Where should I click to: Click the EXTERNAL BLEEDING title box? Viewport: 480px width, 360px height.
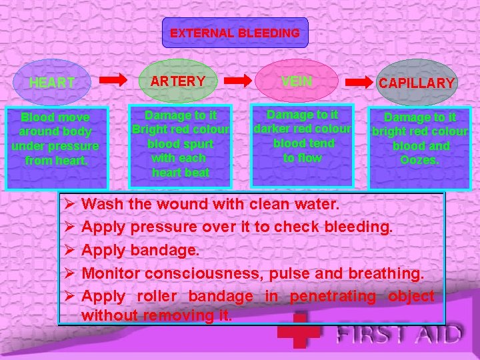pyautogui.click(x=235, y=33)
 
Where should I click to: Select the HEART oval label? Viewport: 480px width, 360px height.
pyautogui.click(x=52, y=83)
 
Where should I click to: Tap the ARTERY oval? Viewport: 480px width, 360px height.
pyautogui.click(x=179, y=81)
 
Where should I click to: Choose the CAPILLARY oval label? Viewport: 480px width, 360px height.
pyautogui.click(x=417, y=83)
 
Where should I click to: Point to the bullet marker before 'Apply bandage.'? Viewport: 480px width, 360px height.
pyautogui.click(x=66, y=250)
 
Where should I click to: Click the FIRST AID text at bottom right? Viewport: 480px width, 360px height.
pyautogui.click(x=399, y=333)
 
